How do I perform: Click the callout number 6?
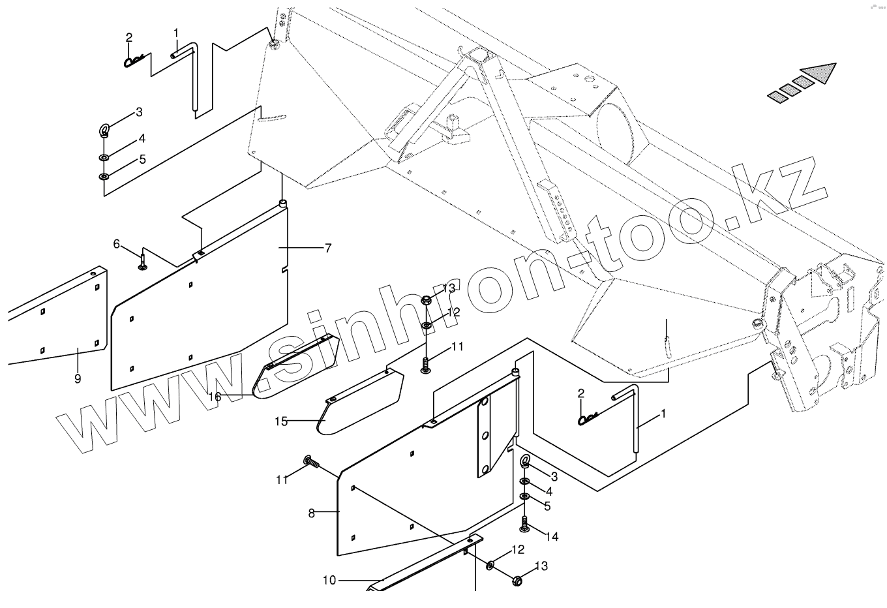(x=117, y=244)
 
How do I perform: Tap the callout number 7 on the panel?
(x=327, y=248)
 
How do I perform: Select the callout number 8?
(x=312, y=513)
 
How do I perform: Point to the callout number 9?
(x=78, y=378)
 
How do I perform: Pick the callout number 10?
(x=329, y=579)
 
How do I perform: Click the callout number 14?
(x=552, y=537)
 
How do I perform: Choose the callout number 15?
(x=280, y=421)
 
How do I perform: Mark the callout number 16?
(x=215, y=396)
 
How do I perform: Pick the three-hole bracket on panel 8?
(x=486, y=437)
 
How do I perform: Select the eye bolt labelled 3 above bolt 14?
(x=525, y=463)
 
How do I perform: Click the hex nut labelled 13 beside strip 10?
(x=518, y=579)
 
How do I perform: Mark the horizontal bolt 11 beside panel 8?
(x=309, y=463)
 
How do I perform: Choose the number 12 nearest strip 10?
(x=517, y=550)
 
